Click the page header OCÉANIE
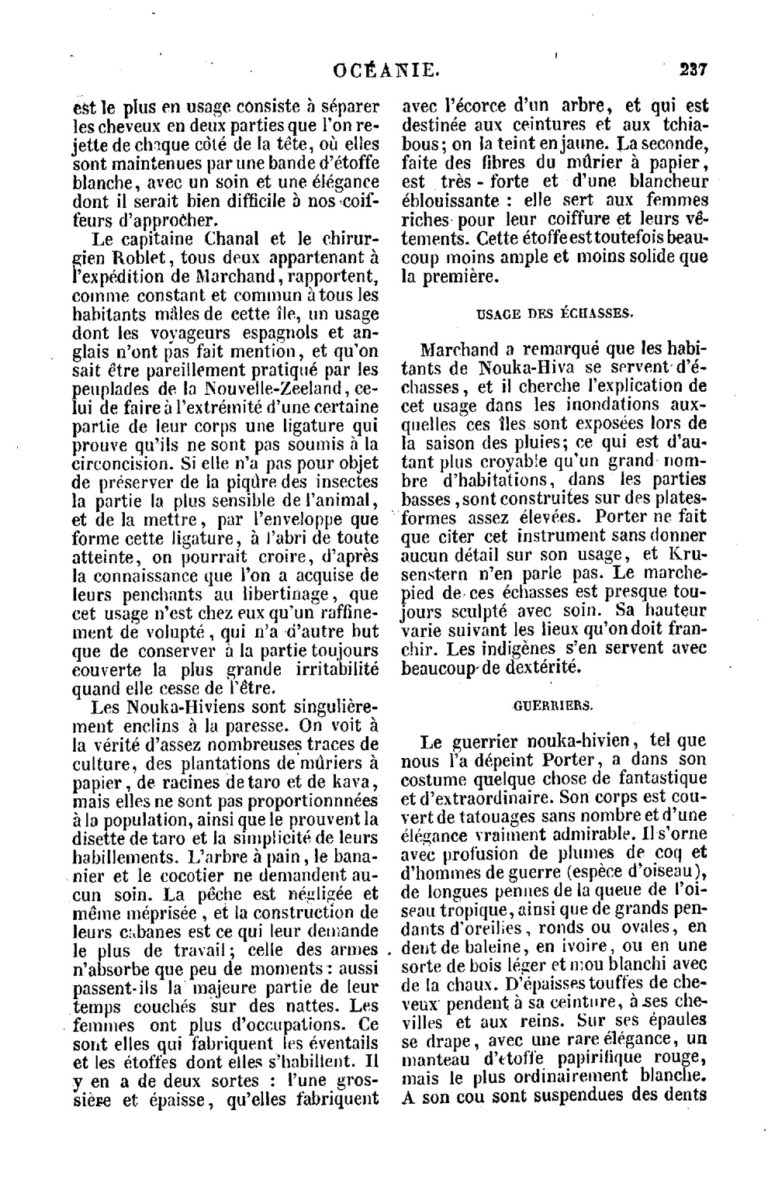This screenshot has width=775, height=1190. click(386, 71)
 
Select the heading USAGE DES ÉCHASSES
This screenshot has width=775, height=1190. click(554, 313)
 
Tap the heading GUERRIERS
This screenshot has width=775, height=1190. click(553, 706)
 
